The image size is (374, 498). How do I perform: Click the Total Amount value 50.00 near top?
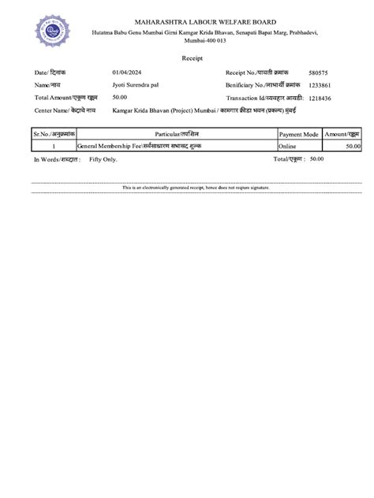point(120,96)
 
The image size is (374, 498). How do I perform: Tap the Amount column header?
point(342,135)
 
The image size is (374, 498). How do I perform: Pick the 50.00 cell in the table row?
point(352,147)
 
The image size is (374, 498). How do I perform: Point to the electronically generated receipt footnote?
point(196,188)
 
